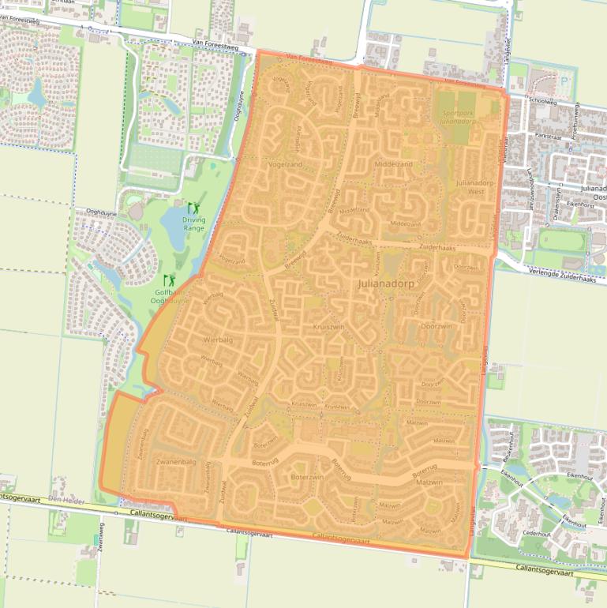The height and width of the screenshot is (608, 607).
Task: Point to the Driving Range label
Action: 193,224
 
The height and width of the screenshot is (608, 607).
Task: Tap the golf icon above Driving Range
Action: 193,209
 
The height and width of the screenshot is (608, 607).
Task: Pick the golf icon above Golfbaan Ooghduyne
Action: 169,279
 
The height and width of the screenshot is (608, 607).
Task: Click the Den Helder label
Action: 66,500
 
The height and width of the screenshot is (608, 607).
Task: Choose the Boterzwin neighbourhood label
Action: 308,477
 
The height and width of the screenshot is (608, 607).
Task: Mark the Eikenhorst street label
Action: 579,205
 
